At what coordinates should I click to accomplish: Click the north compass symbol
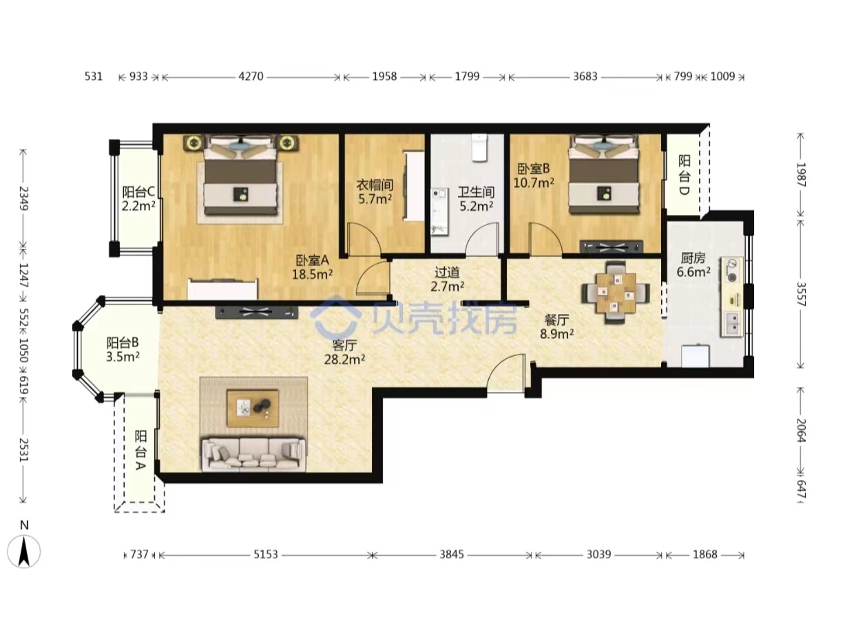point(24,552)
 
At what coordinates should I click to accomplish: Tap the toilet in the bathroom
point(479,148)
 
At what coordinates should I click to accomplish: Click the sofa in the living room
point(254,455)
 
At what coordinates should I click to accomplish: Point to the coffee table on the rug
point(253,408)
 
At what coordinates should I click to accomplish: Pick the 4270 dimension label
point(251,76)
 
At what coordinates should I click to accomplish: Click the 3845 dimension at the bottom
point(452,554)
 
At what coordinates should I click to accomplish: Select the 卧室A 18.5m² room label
point(313,267)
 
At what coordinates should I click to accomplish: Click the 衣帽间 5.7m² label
point(375,191)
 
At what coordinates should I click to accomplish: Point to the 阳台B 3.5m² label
point(123,350)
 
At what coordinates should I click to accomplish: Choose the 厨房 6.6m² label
point(693,265)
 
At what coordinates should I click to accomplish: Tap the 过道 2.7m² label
point(448,280)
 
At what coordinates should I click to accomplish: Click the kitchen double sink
point(732,324)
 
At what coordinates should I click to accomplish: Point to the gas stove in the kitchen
point(732,270)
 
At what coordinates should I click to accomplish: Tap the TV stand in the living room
point(256,312)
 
